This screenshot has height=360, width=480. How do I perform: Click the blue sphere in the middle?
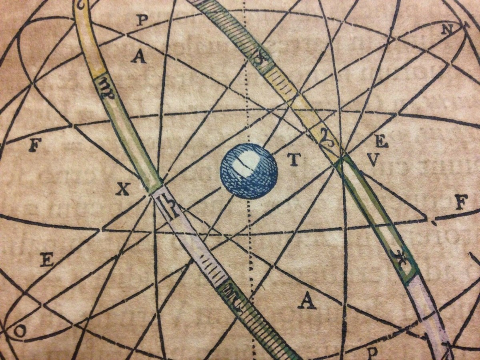pos(248,171)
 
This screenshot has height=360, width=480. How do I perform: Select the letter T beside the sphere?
pos(293,160)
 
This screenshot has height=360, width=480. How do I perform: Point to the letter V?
pos(372,160)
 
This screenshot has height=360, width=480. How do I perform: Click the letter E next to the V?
pos(382,142)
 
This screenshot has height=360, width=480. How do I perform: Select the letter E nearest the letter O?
pos(47,260)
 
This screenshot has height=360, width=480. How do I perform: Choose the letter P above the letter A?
pos(141,20)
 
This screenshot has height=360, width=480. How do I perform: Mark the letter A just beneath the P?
pos(139,57)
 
